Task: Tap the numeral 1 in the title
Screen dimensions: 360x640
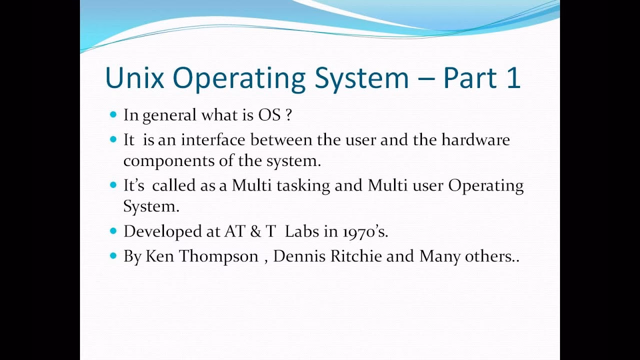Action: pos(512,77)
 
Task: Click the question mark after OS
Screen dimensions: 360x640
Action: pos(288,115)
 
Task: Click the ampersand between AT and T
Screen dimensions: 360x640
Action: pos(255,231)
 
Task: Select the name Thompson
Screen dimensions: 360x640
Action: pos(218,256)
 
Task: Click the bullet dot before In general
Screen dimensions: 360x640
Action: pos(112,114)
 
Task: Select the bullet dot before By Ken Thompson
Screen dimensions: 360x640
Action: pos(112,256)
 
